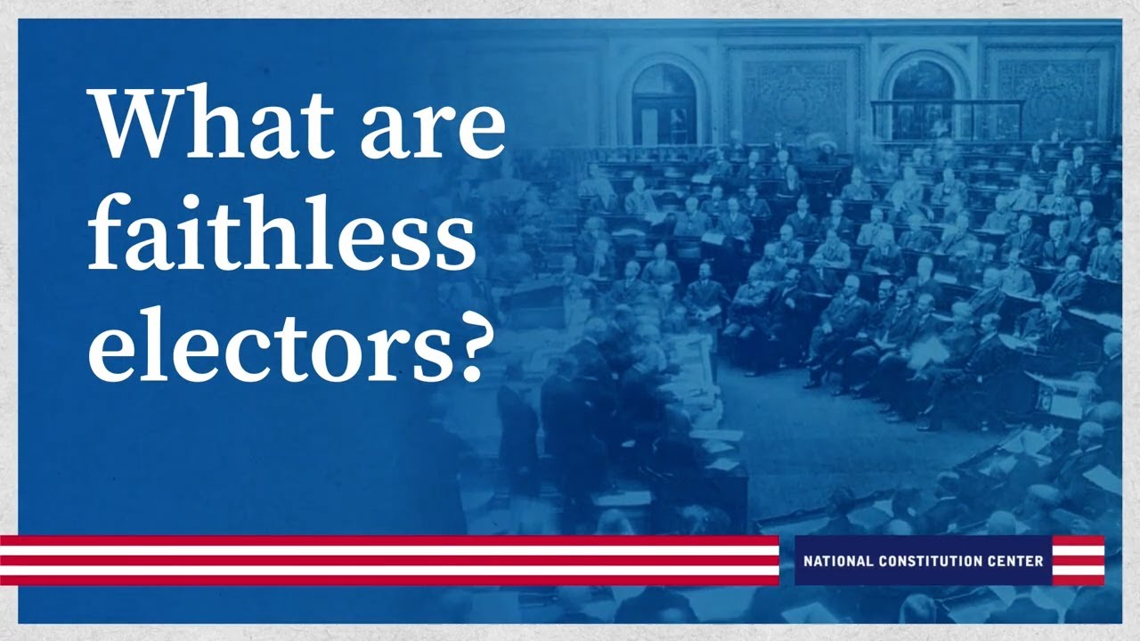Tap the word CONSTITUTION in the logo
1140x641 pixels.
pyautogui.click(x=931, y=561)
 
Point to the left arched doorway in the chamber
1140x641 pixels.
pyautogui.click(x=664, y=103)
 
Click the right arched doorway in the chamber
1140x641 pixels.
pyautogui.click(x=922, y=98)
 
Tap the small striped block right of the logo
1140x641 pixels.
pyautogui.click(x=1078, y=561)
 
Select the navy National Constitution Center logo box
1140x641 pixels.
pyautogui.click(x=922, y=561)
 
